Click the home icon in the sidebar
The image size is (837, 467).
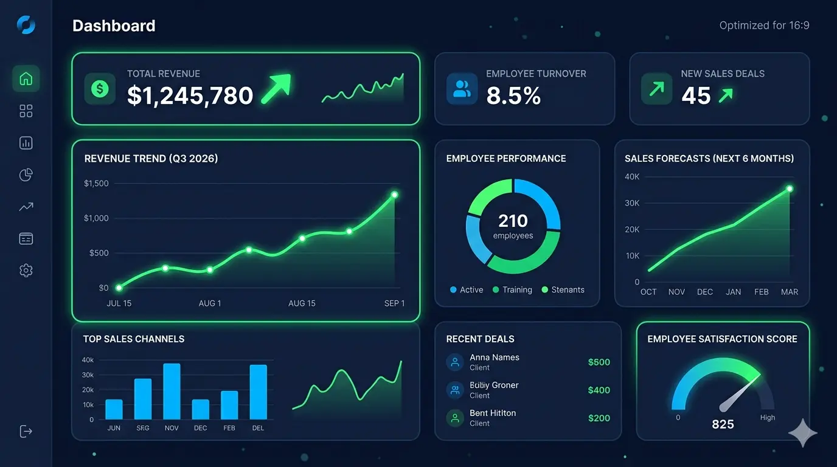tap(26, 78)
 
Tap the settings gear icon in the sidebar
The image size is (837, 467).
tap(26, 271)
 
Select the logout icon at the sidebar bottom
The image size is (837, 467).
tap(26, 431)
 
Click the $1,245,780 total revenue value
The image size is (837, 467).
tap(190, 95)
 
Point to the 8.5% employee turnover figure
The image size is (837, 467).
tap(513, 95)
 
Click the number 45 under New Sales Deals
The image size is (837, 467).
tap(696, 95)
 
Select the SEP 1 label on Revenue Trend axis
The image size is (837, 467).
tap(394, 303)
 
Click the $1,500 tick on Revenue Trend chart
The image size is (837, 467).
tap(96, 183)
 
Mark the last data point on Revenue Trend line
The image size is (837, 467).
tap(394, 195)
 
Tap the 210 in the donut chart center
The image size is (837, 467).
tap(513, 221)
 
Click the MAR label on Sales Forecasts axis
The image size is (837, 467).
tap(790, 292)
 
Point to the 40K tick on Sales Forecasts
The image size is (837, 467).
tap(632, 177)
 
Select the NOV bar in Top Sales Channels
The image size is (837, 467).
tap(172, 391)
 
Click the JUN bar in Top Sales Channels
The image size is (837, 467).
tap(114, 409)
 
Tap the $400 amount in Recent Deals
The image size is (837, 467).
tap(599, 390)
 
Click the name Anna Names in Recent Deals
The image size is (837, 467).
tap(494, 358)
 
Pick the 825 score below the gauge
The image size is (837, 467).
tap(723, 424)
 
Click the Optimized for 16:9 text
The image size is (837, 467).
tap(764, 26)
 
